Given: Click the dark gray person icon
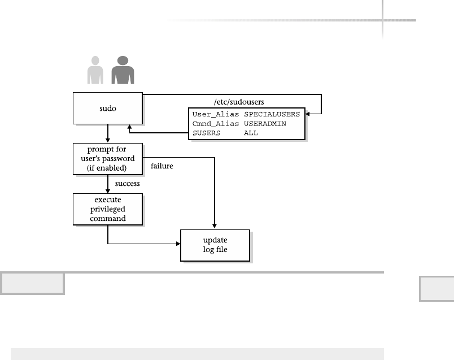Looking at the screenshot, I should [123, 70].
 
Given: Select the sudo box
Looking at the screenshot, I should [107, 109].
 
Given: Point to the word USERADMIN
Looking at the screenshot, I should [265, 124].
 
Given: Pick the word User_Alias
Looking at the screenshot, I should [215, 114].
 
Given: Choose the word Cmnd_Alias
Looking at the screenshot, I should [215, 124].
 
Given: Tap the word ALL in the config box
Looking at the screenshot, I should [251, 133].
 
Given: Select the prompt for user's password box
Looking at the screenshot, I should [107, 159].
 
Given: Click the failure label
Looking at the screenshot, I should [162, 166].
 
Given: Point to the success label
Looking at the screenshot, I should [128, 184].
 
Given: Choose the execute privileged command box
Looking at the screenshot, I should [107, 209].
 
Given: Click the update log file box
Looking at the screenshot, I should [215, 245].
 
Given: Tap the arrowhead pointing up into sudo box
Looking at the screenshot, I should [129, 127].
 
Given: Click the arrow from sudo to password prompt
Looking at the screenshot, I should [107, 133].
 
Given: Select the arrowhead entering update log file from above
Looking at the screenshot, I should [215, 227].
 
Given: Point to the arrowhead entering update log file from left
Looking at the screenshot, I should [177, 245].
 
